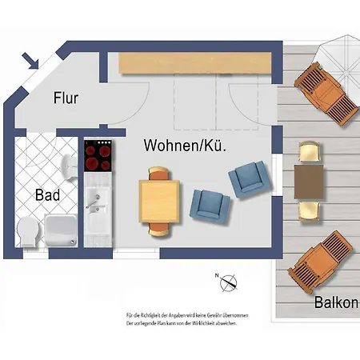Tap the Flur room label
tap(66, 98)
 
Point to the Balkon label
tap(336, 303)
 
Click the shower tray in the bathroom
tap(61, 229)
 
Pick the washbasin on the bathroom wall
tap(67, 165)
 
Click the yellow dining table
tap(159, 201)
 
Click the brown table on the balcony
tap(310, 181)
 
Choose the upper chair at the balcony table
tap(310, 152)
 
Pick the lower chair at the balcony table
tap(310, 211)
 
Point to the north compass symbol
tap(229, 282)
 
